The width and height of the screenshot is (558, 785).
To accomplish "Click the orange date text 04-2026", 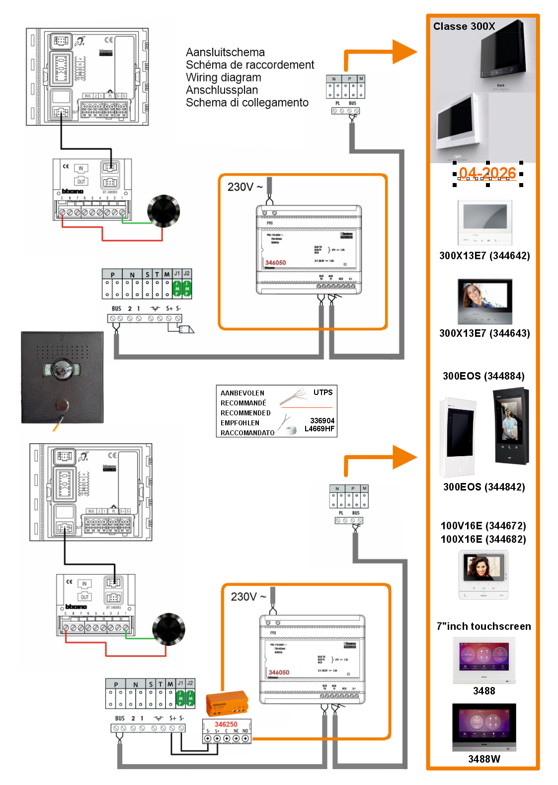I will (487, 173).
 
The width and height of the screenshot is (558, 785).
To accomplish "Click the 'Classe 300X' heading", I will (464, 26).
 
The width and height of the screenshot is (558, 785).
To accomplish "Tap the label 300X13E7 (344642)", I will (484, 256).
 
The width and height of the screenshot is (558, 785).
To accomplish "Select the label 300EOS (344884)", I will (483, 376).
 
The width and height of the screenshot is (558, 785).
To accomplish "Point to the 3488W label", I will (484, 759).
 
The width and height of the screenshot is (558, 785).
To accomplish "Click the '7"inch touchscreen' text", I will (483, 626).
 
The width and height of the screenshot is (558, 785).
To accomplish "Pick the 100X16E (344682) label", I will (483, 539).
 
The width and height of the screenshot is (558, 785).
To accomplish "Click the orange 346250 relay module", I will (227, 702).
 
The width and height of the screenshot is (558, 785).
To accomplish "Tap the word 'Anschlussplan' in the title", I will (222, 90).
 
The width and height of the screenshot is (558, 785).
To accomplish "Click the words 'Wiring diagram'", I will (223, 78).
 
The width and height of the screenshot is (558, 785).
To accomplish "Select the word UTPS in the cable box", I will (323, 392).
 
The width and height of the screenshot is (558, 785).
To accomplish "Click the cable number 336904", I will (322, 421).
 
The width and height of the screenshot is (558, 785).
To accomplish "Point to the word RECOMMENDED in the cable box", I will (245, 413).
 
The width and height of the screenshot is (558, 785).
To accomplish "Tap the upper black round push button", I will (163, 211).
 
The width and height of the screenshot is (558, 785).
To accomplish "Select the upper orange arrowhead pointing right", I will (404, 52).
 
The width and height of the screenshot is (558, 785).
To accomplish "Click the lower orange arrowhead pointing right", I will (404, 457).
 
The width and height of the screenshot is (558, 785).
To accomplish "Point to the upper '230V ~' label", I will (245, 187).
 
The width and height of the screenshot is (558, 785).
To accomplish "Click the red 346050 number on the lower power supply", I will (279, 673).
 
